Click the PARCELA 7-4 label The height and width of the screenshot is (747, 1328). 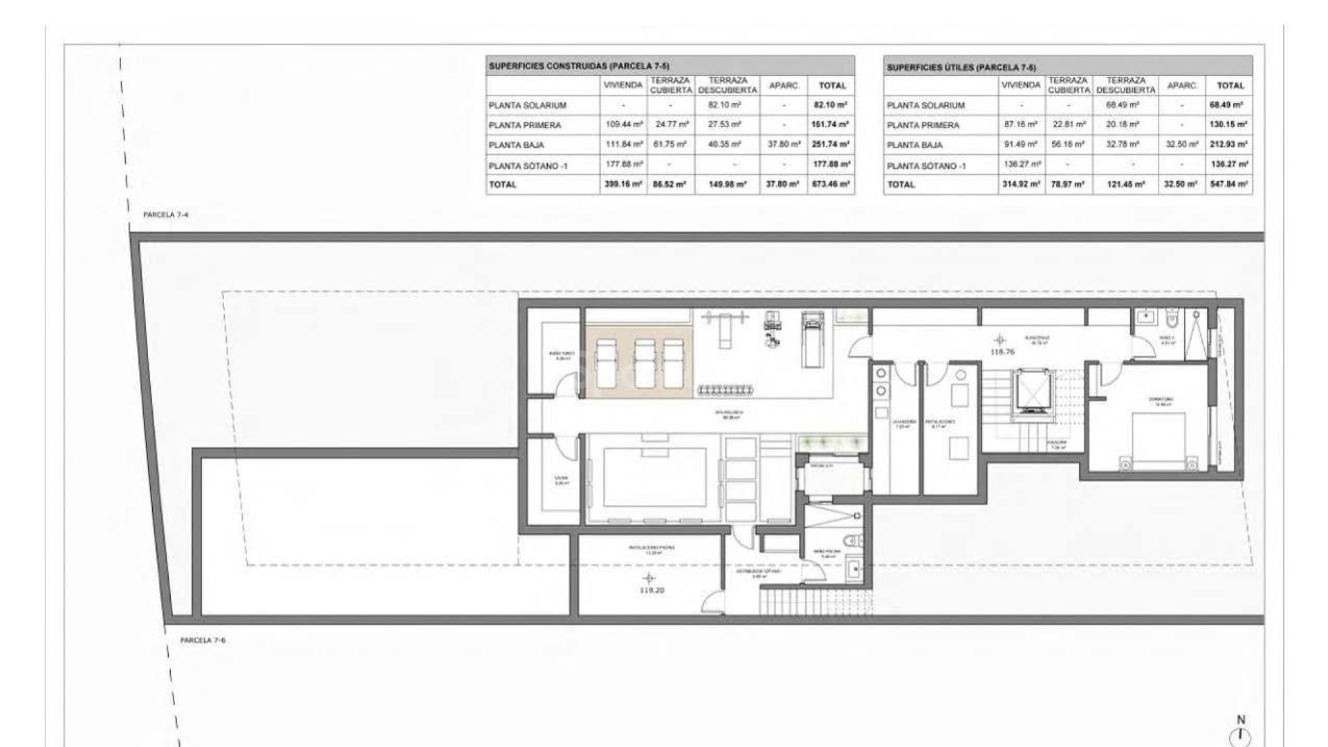(x=165, y=215)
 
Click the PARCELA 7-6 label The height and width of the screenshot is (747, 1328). (x=203, y=640)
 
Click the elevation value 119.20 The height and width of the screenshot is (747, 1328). (x=652, y=591)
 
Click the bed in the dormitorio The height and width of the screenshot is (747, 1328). (x=1159, y=440)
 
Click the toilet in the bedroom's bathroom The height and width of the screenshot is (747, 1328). (x=1170, y=318)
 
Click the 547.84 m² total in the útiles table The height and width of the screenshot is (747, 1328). (x=1229, y=185)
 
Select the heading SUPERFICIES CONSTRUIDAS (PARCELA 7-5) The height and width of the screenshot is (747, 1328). (x=578, y=66)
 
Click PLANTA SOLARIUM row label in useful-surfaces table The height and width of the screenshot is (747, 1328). (x=925, y=106)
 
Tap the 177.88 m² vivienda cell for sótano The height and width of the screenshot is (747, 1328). (x=623, y=165)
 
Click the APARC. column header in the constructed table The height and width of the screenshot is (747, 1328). (x=784, y=86)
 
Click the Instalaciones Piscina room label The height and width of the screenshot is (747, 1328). (x=651, y=547)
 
